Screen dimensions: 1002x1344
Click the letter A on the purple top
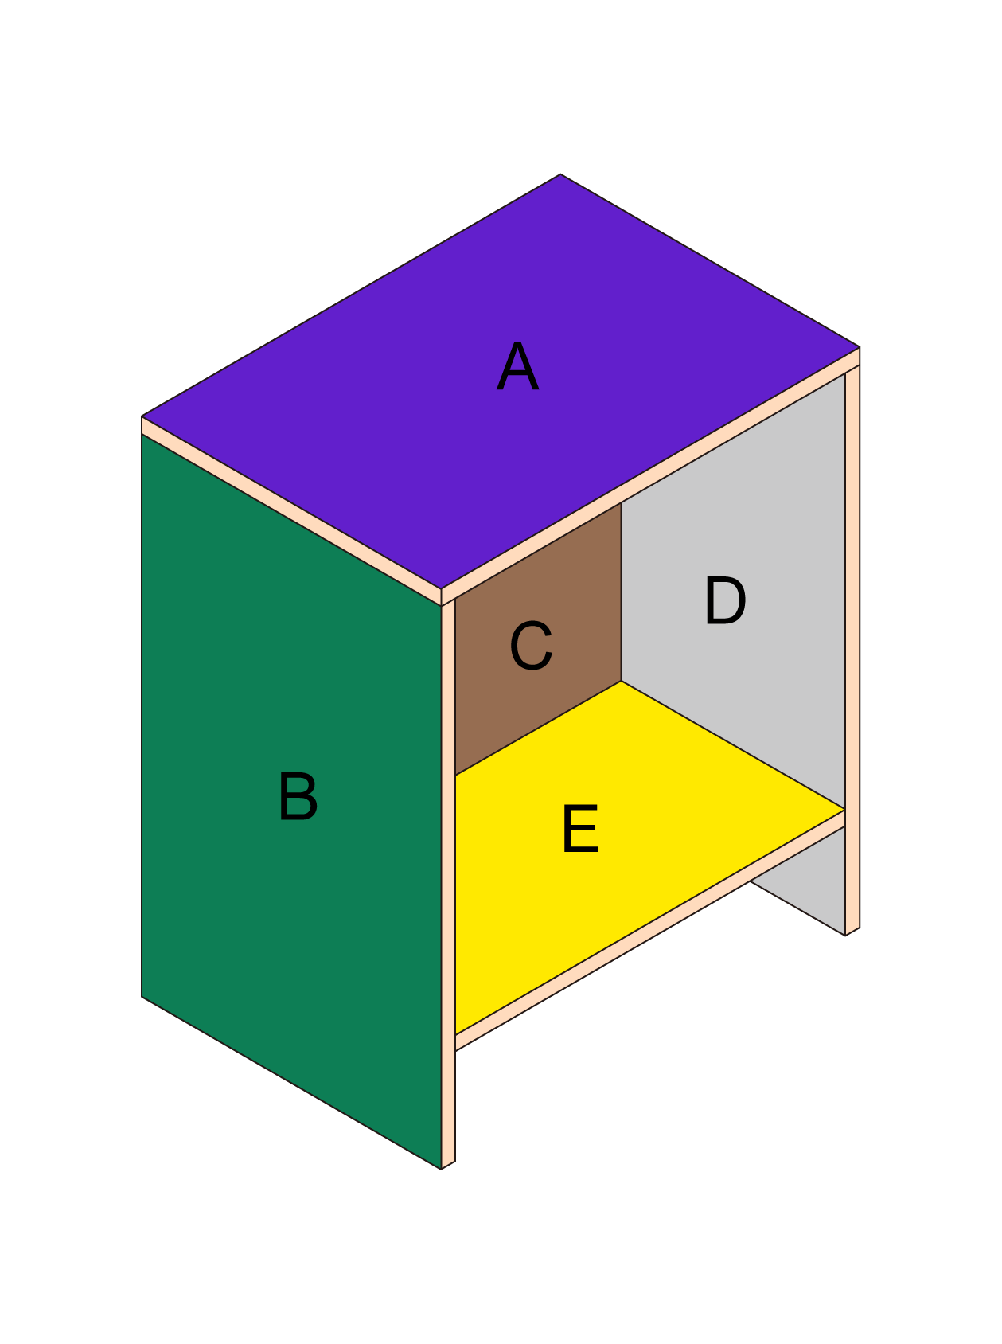click(x=518, y=367)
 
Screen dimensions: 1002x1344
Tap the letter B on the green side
click(x=298, y=796)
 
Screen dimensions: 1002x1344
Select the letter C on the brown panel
click(x=531, y=646)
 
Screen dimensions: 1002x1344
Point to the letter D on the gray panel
click(x=725, y=601)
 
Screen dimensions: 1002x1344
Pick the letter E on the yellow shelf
click(x=580, y=829)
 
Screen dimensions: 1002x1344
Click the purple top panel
click(x=500, y=381)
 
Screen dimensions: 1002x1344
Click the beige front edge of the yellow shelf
click(x=650, y=931)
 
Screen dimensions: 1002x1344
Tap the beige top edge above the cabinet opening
click(x=650, y=477)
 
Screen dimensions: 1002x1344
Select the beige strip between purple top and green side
click(x=291, y=511)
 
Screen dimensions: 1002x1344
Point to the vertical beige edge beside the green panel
click(x=448, y=884)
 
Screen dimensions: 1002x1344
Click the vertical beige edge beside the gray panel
click(x=852, y=650)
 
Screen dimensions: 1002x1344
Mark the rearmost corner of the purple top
click(x=560, y=174)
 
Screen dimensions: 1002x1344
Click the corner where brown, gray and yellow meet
click(x=621, y=681)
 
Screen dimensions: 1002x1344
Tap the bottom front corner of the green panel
click(x=441, y=1169)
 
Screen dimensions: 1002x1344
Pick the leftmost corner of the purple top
click(x=142, y=416)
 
